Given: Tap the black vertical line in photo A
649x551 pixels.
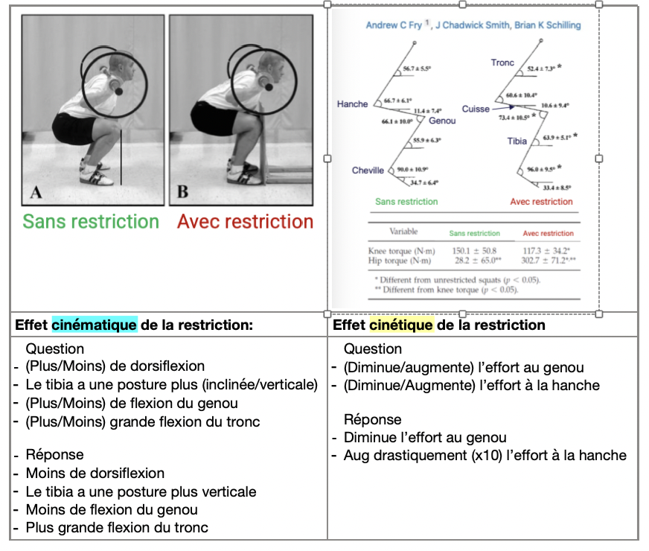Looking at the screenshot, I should [x=121, y=156].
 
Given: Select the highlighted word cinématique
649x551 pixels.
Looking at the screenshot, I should [x=94, y=325].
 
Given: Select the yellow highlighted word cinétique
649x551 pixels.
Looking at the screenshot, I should [x=401, y=325].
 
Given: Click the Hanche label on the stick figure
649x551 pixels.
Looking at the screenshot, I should [x=352, y=104].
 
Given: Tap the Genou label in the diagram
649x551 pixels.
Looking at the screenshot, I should [x=442, y=121].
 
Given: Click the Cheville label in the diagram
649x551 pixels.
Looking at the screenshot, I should [x=368, y=171].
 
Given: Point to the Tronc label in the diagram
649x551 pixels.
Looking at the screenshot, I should [x=502, y=63].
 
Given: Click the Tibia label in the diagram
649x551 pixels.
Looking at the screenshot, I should [x=517, y=141].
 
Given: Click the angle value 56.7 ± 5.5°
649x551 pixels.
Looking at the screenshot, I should [x=417, y=69].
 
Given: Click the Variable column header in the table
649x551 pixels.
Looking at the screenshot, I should [x=405, y=232].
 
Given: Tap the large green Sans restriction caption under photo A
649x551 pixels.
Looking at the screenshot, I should [x=91, y=222].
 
